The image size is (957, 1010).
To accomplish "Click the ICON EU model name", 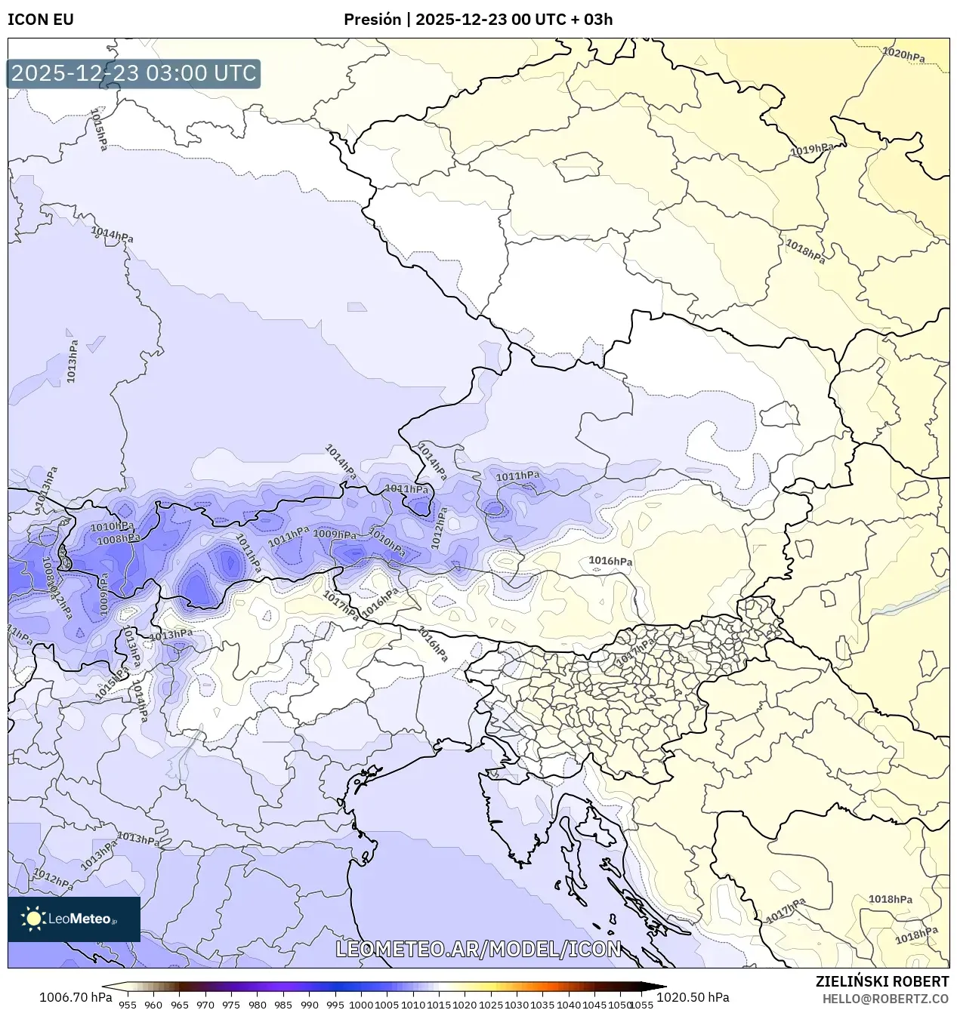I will pyautogui.click(x=41, y=20).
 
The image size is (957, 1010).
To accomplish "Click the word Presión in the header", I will pyautogui.click(x=372, y=20).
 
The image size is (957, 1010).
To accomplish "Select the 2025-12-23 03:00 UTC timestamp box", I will pyautogui.click(x=134, y=74).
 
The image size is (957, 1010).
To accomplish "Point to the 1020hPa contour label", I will pyautogui.click(x=903, y=54).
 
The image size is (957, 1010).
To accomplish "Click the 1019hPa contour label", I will pyautogui.click(x=812, y=149).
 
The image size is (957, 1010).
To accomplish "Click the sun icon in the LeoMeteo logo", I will pyautogui.click(x=33, y=919).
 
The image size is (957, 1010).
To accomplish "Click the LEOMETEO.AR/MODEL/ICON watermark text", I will pyautogui.click(x=478, y=949).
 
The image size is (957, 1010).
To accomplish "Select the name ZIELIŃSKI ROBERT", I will pyautogui.click(x=881, y=981).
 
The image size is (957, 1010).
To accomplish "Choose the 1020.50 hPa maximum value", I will pyautogui.click(x=693, y=997).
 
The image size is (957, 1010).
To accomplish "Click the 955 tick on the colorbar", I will pyautogui.click(x=127, y=1004).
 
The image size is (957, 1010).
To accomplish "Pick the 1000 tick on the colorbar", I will pyautogui.click(x=360, y=1004).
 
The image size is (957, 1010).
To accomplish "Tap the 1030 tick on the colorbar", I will pyautogui.click(x=516, y=1004).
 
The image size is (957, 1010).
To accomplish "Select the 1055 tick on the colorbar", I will pyautogui.click(x=641, y=1004).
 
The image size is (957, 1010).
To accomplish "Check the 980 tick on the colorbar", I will pyautogui.click(x=257, y=1004).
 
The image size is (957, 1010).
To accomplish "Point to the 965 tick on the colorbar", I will pyautogui.click(x=179, y=1004).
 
